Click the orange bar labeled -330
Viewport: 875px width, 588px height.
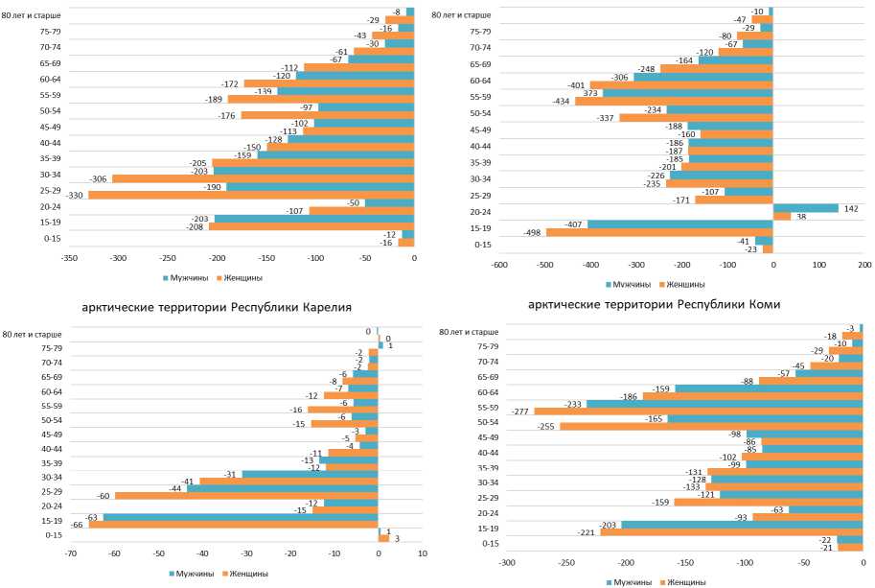[x=252, y=195]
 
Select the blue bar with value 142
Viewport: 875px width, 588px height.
[x=805, y=208]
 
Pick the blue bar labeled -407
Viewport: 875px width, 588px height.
[x=679, y=223]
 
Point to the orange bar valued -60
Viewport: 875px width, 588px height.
[x=246, y=495]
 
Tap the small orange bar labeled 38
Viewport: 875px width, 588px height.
[x=782, y=217]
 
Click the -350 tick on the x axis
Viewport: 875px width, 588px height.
[x=69, y=258]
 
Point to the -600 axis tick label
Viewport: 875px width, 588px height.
[x=499, y=265]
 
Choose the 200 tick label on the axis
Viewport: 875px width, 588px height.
[x=863, y=265]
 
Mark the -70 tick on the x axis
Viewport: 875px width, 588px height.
[x=70, y=553]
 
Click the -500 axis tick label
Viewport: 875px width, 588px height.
[x=544, y=265]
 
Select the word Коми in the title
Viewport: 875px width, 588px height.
[x=764, y=304]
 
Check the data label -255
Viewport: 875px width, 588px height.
[x=546, y=426]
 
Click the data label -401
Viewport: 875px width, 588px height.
[x=575, y=84]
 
